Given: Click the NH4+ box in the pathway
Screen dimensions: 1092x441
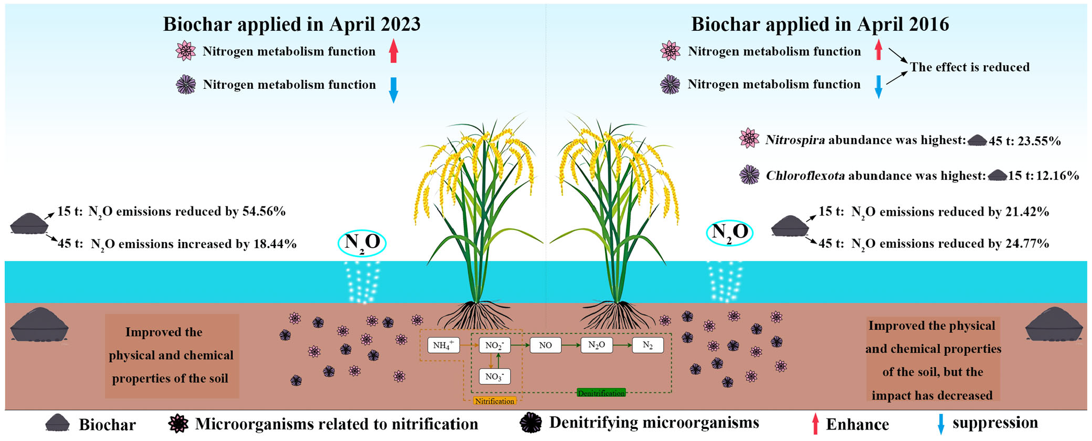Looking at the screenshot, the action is [443, 345].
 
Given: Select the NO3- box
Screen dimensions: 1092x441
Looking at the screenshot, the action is [494, 377].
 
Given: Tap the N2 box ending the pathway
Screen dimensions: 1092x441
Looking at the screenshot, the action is [648, 345].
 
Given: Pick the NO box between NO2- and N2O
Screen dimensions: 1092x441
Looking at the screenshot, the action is [545, 345].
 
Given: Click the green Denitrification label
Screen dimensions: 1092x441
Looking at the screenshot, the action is [601, 393].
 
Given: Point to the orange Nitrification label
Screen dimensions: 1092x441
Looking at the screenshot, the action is [494, 401].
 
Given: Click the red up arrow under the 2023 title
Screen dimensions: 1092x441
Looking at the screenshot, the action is [394, 51].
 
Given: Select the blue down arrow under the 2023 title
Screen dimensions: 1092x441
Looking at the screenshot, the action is [394, 89].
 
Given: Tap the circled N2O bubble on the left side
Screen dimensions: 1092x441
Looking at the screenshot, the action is [362, 243].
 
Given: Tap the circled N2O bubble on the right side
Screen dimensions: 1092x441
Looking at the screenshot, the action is [729, 233].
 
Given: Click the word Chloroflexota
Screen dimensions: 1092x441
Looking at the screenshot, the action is [805, 176].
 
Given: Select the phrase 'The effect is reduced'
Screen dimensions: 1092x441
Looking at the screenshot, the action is [969, 67].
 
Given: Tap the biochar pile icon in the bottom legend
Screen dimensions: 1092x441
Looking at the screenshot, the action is [58, 423].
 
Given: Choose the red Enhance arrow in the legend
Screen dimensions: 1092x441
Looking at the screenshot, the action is [815, 424].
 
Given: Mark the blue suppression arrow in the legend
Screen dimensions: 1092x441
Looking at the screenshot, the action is [941, 424].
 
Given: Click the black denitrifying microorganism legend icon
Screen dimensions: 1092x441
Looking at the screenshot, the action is [531, 423].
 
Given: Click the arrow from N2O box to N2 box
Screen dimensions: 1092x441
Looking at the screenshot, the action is [622, 345].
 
